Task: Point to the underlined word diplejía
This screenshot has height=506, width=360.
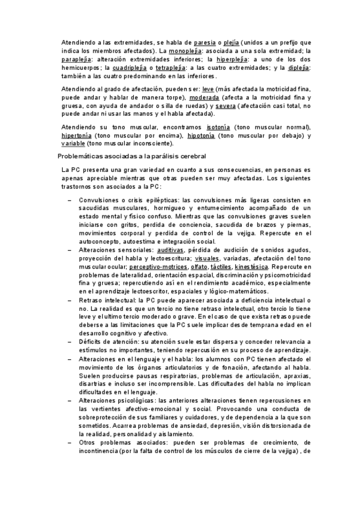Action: [x=299, y=68]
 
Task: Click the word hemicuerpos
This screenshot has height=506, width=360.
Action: [x=82, y=68]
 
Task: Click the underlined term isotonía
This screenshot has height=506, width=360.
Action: [x=218, y=127]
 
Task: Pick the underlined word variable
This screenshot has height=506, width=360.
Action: [x=73, y=144]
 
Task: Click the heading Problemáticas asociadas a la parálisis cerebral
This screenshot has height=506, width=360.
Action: [x=132, y=156]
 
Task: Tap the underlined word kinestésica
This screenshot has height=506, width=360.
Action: [x=251, y=267]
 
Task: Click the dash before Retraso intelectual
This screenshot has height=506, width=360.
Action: [x=70, y=300]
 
